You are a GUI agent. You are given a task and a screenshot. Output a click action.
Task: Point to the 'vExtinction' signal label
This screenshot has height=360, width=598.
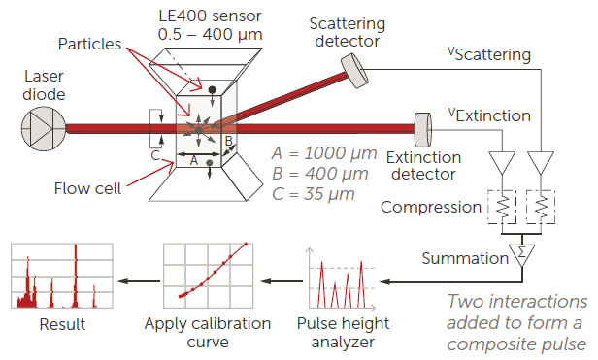487,115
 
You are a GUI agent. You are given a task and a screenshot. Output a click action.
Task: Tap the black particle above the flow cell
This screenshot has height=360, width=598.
212,89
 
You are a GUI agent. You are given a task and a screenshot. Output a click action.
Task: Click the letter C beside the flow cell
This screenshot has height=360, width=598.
154,154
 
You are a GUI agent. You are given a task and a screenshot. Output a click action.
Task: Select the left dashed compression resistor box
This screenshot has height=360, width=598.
502,207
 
